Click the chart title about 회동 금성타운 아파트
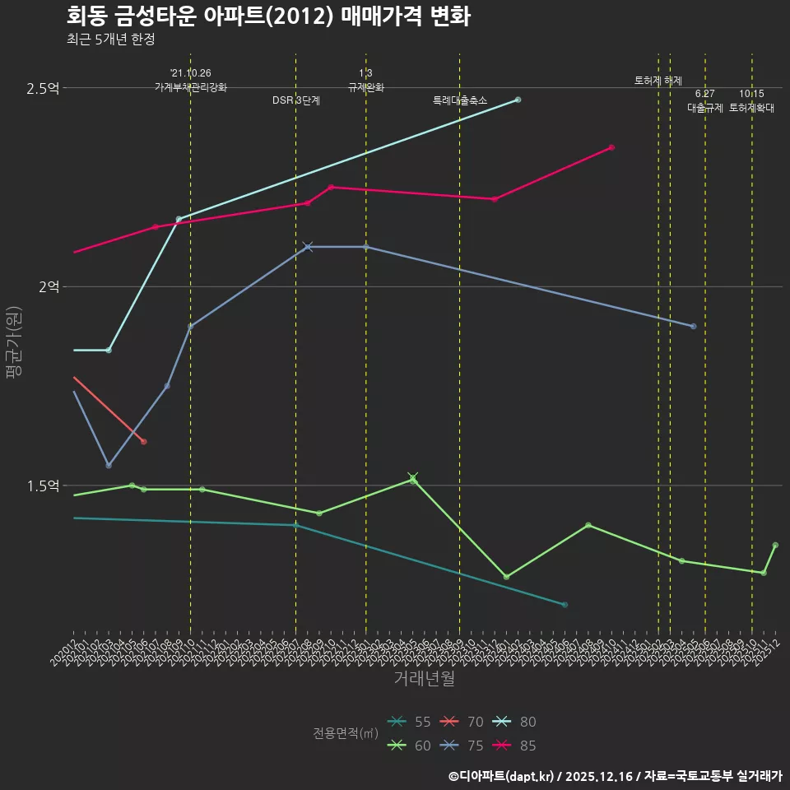click(x=268, y=16)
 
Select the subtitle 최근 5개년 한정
click(x=110, y=39)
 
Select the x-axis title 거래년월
click(x=424, y=679)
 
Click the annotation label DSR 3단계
click(x=296, y=100)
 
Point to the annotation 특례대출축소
click(x=460, y=100)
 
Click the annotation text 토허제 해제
click(x=658, y=81)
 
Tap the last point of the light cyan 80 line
click(x=518, y=100)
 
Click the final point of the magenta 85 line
click(x=611, y=147)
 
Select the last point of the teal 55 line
click(x=565, y=605)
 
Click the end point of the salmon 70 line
click(x=143, y=442)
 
